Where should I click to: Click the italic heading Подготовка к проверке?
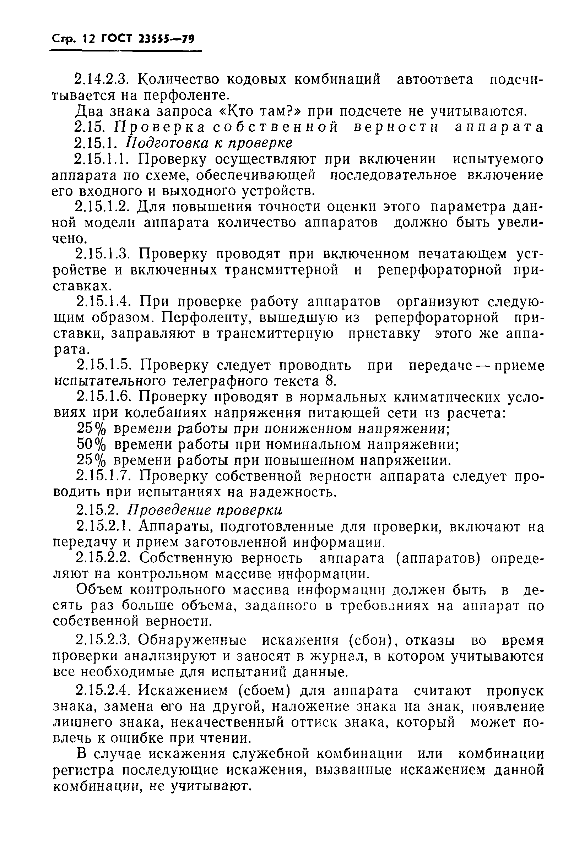[209, 143]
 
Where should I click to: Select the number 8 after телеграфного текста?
[329, 381]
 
